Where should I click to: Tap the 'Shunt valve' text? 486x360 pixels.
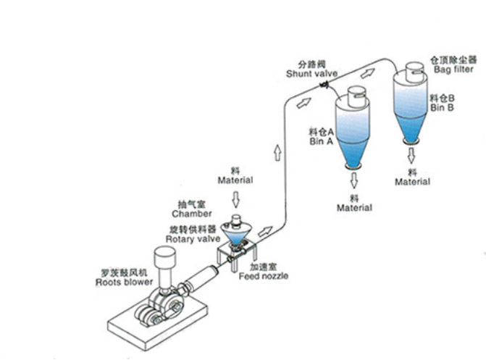click(x=309, y=73)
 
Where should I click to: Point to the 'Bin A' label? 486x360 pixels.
click(x=319, y=143)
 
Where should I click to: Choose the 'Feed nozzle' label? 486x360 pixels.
click(x=264, y=276)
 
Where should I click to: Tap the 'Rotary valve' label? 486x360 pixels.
click(x=188, y=238)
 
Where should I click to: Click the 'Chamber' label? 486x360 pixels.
click(x=192, y=214)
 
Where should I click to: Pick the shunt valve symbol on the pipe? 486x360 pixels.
click(x=324, y=88)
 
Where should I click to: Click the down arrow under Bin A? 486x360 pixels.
click(x=354, y=179)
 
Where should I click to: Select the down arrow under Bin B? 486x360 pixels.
click(x=412, y=154)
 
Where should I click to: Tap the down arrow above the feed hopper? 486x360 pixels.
click(x=235, y=198)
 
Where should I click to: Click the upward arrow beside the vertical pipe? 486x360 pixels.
click(x=276, y=153)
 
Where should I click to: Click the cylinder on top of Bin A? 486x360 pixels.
click(x=354, y=98)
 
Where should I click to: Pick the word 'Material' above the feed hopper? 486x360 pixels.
click(x=235, y=180)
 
